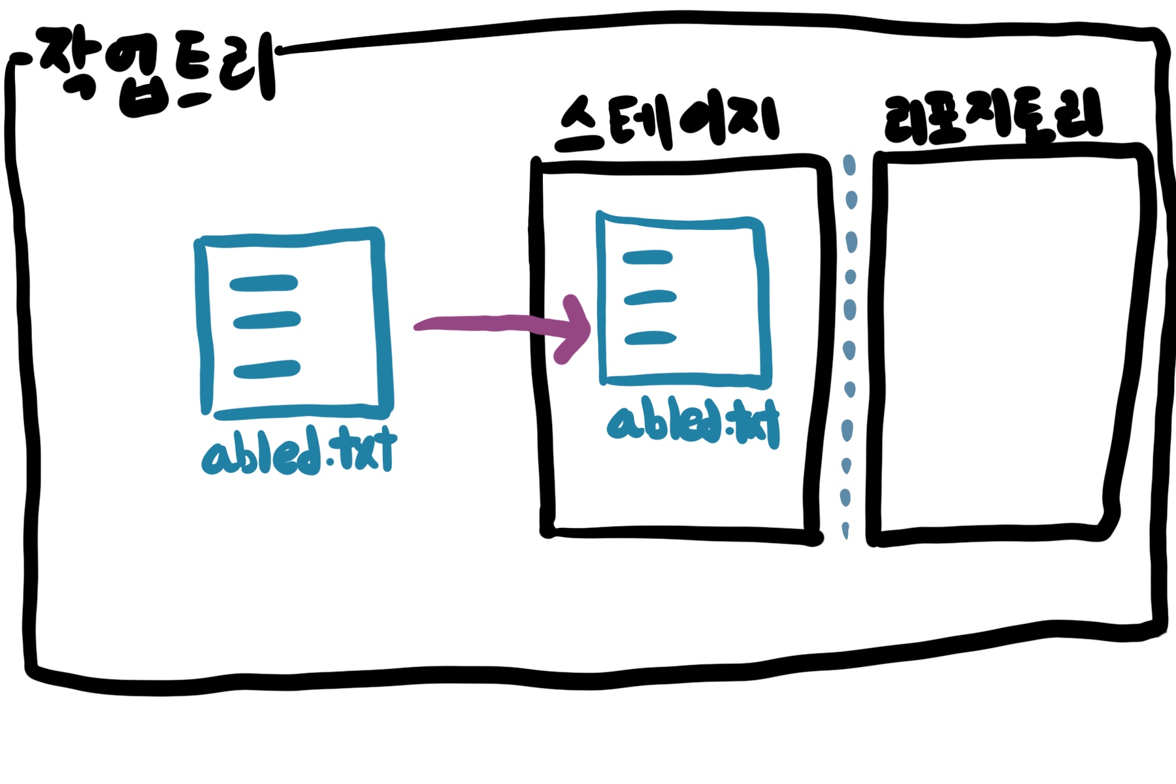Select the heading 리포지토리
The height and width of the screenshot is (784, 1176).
click(993, 118)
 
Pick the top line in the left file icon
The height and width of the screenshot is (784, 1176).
click(264, 284)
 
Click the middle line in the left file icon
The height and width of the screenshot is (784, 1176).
click(267, 320)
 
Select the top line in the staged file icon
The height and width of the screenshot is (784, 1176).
click(647, 257)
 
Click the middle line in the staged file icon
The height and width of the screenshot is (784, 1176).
click(650, 299)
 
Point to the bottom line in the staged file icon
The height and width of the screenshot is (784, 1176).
click(650, 338)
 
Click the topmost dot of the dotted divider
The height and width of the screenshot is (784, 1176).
click(849, 165)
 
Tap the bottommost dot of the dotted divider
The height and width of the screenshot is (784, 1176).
click(846, 529)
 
